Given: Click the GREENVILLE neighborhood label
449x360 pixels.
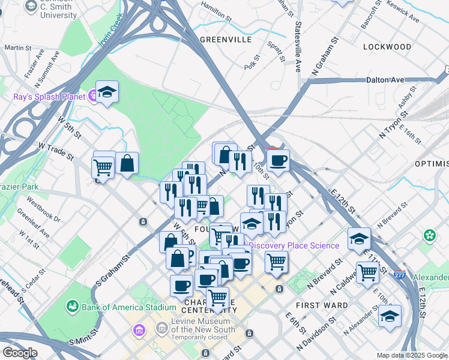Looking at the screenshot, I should point(226,40).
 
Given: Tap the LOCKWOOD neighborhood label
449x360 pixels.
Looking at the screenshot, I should point(387,47).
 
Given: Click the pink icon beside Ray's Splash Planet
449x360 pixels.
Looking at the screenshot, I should point(93,95).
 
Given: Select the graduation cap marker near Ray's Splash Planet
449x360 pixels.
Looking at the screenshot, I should point(107,92).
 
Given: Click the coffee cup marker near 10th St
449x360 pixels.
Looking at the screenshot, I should point(278,160).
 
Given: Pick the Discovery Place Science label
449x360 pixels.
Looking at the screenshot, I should point(294,245).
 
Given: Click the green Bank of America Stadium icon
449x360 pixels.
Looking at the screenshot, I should point(73,307).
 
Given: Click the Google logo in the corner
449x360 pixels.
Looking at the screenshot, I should point(20,353).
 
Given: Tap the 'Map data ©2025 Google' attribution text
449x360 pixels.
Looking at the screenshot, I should point(412,355).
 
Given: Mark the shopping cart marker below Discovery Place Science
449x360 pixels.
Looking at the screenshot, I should point(276,261).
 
